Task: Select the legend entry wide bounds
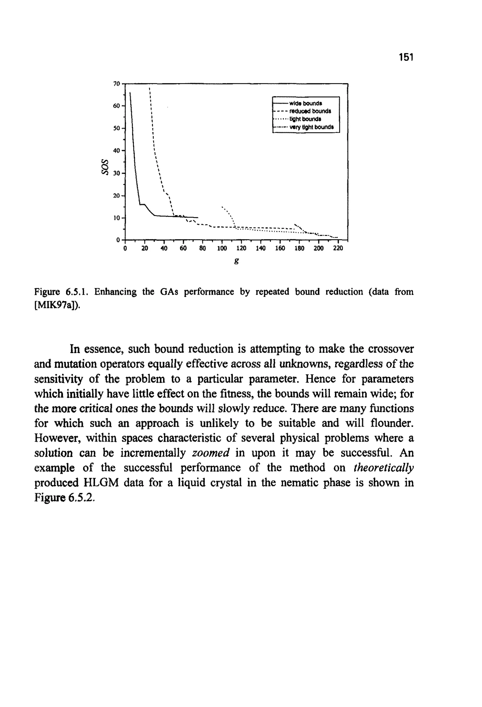(305, 103)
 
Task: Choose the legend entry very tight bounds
(312, 127)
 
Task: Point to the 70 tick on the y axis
(117, 84)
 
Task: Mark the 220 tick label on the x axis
(338, 248)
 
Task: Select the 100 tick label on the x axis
(222, 248)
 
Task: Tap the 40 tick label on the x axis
(164, 248)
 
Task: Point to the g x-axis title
(237, 261)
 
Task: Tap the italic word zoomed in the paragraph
(211, 453)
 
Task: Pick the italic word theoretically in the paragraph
(384, 468)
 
